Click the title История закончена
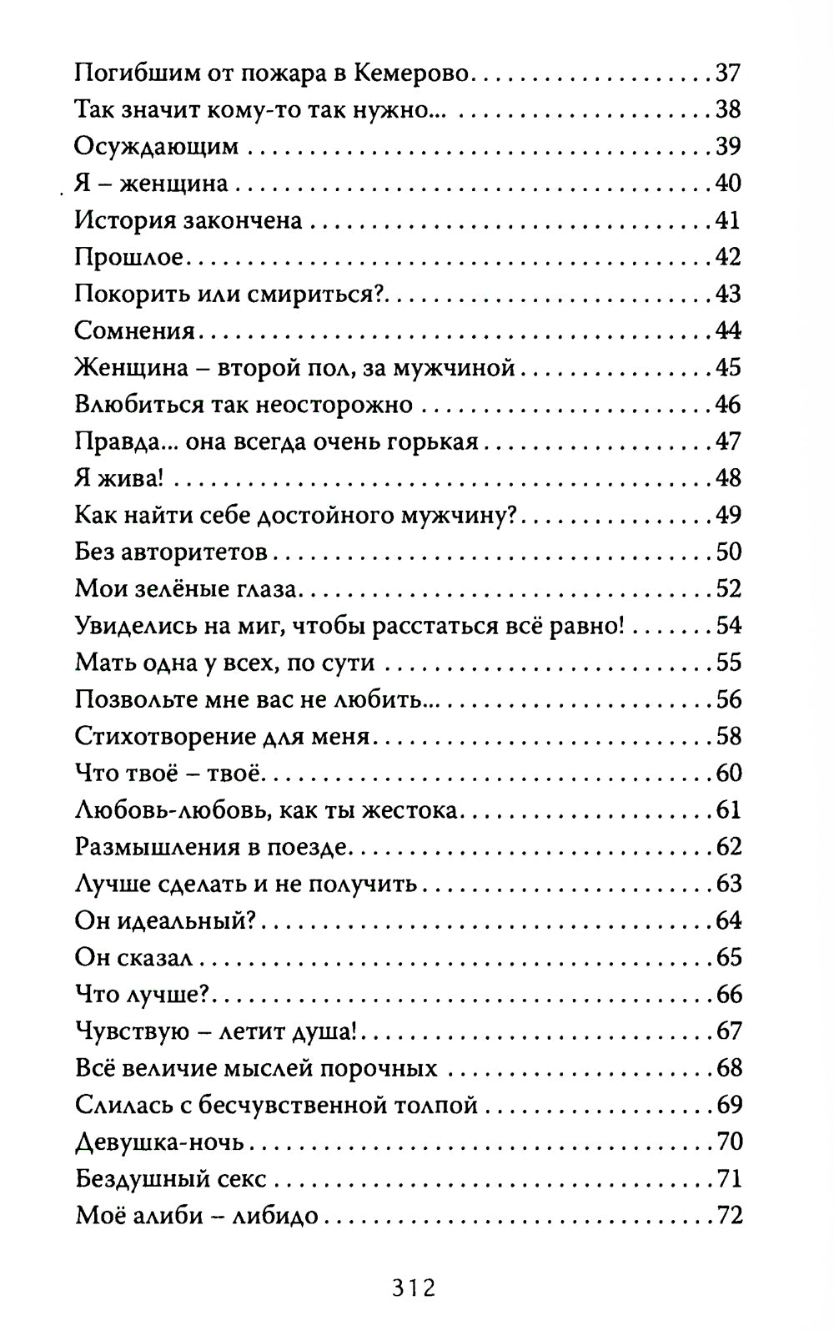click(188, 220)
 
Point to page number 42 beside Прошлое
click(728, 257)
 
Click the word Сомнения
click(134, 330)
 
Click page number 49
click(728, 515)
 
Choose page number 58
click(728, 736)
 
